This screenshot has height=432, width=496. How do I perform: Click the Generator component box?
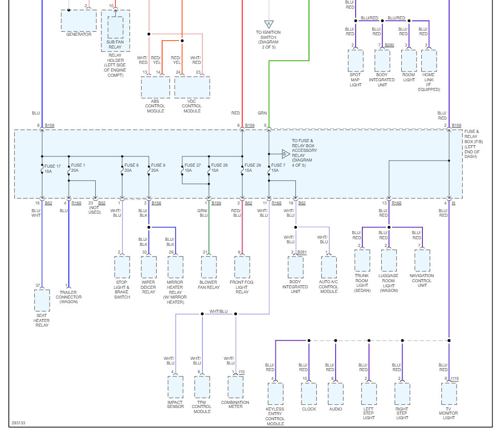coord(78,20)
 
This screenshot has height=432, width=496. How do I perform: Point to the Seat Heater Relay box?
coord(42,300)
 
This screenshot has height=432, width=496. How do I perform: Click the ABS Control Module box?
coord(155,87)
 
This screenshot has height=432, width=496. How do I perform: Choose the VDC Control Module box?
coord(192,87)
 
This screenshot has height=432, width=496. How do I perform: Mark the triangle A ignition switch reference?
coord(269,24)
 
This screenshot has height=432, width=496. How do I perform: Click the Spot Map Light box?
coord(355,61)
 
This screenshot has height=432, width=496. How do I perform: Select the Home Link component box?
coord(429,61)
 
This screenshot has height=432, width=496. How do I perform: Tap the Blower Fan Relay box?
coord(209,267)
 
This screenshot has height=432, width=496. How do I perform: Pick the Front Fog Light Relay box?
coord(242,267)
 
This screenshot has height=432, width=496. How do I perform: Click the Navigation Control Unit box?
coord(422,261)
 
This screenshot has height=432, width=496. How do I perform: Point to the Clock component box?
coord(309,394)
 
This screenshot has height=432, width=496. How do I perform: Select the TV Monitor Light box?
coord(449,394)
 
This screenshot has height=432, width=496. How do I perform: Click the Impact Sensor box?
coord(175,387)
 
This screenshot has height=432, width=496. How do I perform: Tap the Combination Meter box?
coord(235,387)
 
